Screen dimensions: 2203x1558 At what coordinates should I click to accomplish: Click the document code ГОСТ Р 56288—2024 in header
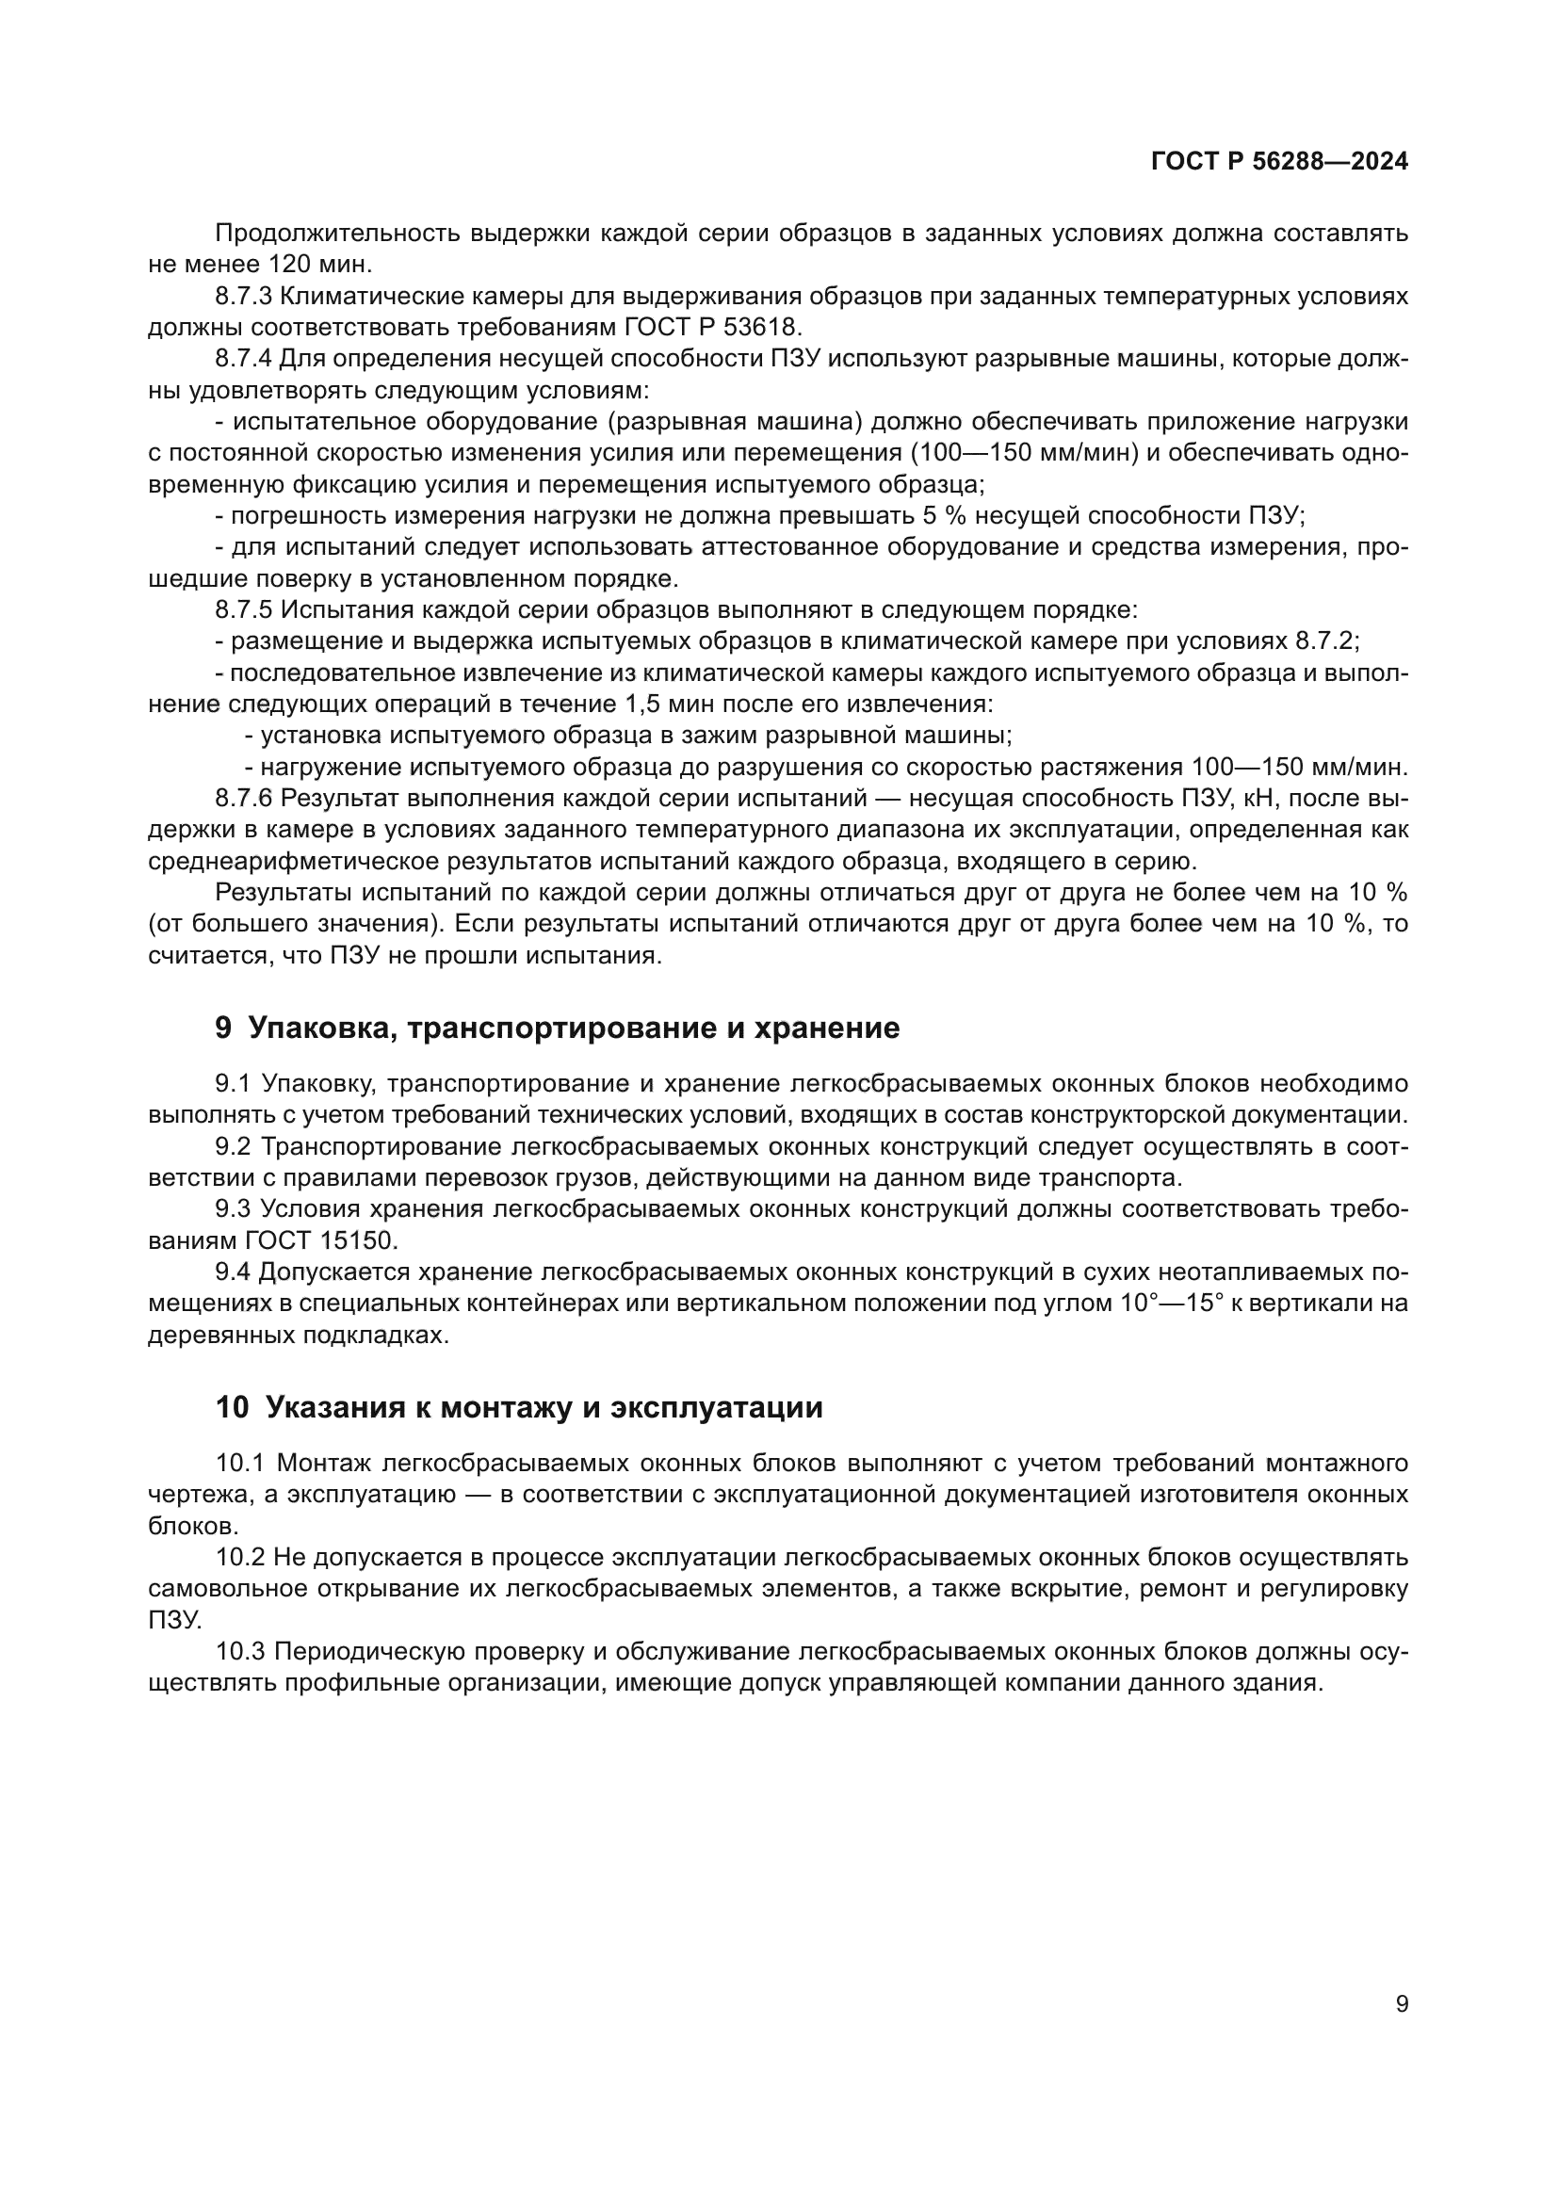pyautogui.click(x=1279, y=161)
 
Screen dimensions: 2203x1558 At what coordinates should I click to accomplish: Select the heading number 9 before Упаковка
pyautogui.click(x=222, y=1029)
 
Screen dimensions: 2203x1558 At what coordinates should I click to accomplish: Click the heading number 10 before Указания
pyautogui.click(x=231, y=1407)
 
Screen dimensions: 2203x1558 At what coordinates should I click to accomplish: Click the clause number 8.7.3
pyautogui.click(x=244, y=297)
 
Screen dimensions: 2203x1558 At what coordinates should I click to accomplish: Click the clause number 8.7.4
pyautogui.click(x=244, y=359)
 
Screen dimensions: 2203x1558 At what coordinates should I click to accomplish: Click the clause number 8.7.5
pyautogui.click(x=244, y=610)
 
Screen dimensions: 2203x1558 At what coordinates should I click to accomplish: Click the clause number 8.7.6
pyautogui.click(x=244, y=798)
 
